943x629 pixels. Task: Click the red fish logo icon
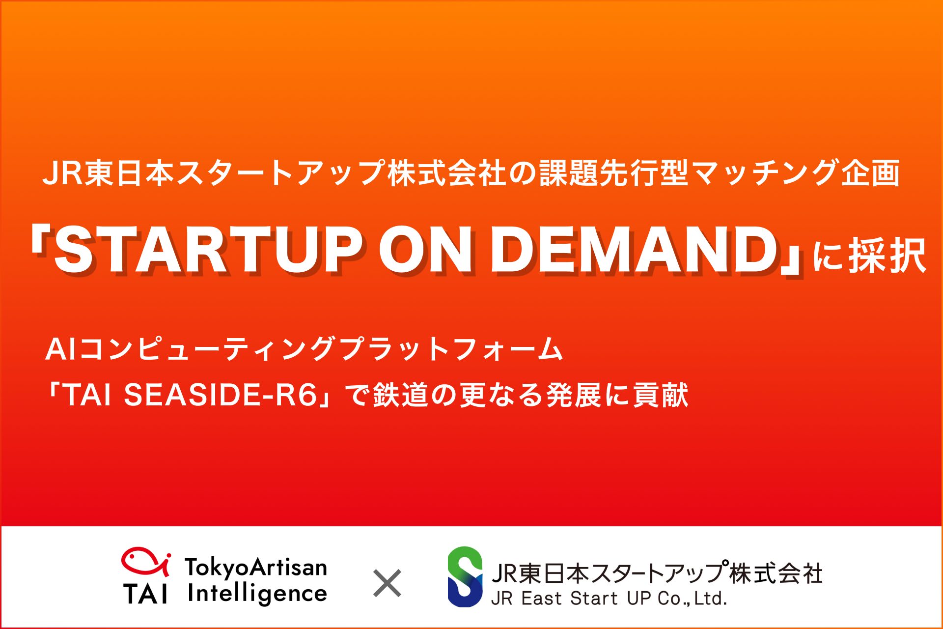(x=146, y=562)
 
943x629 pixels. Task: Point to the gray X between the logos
(x=387, y=583)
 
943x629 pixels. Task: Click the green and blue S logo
(x=465, y=576)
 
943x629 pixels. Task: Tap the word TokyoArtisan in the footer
(x=256, y=567)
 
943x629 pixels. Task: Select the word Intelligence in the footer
(x=257, y=594)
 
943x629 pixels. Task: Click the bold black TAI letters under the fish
(x=145, y=594)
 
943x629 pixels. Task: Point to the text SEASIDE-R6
(x=221, y=395)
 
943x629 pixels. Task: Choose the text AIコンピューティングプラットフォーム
(x=304, y=349)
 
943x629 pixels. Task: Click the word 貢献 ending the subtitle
(x=661, y=395)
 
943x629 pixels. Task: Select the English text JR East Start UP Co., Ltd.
(x=609, y=598)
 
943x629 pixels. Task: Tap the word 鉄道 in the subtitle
(x=401, y=395)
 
